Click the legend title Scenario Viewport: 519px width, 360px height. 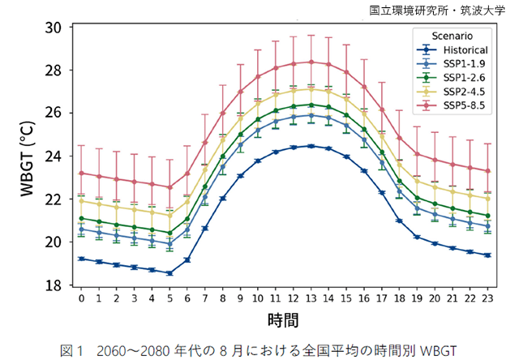pyautogui.click(x=453, y=36)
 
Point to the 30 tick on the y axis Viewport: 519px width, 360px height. pyautogui.click(x=54, y=27)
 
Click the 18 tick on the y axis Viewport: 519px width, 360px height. pyautogui.click(x=54, y=285)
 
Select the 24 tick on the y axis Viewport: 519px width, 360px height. pyautogui.click(x=54, y=156)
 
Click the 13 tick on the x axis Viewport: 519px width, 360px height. pyautogui.click(x=311, y=298)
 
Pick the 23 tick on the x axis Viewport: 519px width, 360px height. pyautogui.click(x=487, y=298)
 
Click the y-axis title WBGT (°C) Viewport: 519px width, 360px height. pyautogui.click(x=26, y=156)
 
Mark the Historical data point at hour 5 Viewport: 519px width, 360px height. pyautogui.click(x=169, y=273)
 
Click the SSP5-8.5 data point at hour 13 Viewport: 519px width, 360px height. pyautogui.click(x=311, y=62)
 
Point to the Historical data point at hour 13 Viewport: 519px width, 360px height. pyautogui.click(x=311, y=146)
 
